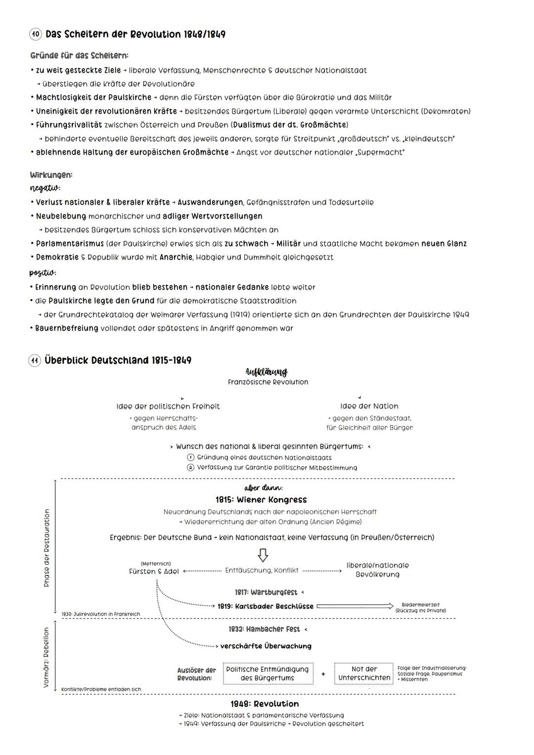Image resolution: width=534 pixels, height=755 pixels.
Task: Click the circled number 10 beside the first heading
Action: tap(36, 35)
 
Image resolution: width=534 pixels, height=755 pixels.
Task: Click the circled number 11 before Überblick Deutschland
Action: tap(35, 361)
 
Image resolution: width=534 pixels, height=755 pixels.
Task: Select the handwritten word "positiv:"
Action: tap(43, 273)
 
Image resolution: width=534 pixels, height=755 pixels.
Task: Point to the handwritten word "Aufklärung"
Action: tap(267, 372)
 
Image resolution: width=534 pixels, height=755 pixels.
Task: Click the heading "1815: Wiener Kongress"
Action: tap(261, 500)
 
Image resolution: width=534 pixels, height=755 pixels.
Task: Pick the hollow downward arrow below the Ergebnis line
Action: tap(263, 555)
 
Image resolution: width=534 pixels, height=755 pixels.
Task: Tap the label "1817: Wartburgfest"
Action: tap(266, 592)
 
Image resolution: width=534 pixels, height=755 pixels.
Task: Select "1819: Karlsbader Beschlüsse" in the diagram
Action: tap(266, 607)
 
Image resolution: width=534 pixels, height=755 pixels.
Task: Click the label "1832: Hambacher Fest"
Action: tap(265, 629)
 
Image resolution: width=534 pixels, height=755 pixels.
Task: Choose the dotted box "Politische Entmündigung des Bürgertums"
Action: tap(267, 674)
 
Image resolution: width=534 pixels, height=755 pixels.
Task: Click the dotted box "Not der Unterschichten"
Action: tap(364, 674)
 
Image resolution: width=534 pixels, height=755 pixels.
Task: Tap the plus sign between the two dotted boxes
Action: tap(323, 674)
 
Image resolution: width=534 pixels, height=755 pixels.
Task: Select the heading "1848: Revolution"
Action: tap(265, 704)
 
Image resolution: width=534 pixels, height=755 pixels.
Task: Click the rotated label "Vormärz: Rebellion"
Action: tap(47, 658)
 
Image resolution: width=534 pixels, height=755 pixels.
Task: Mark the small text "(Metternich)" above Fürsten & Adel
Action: tap(156, 564)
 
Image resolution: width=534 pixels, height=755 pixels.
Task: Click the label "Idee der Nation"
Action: tap(369, 406)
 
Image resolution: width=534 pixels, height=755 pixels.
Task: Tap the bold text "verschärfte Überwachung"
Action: tap(266, 646)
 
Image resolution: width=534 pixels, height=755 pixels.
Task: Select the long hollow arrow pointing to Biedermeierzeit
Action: tap(355, 606)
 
